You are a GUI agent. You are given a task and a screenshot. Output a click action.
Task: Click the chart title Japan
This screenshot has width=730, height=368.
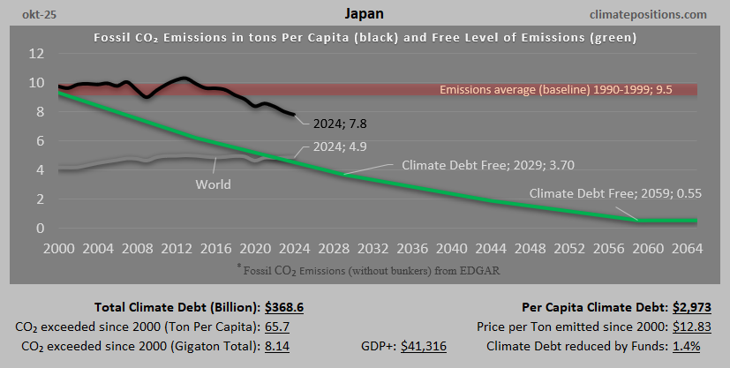coord(365,14)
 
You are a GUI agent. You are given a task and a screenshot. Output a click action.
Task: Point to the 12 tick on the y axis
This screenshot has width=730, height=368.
coord(36,53)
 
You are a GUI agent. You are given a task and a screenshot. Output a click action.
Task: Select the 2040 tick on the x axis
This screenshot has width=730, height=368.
coord(448,247)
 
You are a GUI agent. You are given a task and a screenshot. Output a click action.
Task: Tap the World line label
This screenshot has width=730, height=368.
coord(213,184)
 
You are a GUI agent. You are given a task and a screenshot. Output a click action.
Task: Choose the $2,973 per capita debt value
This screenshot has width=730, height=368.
coord(683,307)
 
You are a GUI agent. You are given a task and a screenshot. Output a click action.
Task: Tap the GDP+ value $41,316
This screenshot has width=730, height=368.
coord(424,347)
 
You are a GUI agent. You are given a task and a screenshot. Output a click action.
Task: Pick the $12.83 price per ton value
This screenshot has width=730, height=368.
coord(682,327)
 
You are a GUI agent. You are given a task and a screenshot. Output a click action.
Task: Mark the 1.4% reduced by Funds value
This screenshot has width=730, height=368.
coord(686,347)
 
